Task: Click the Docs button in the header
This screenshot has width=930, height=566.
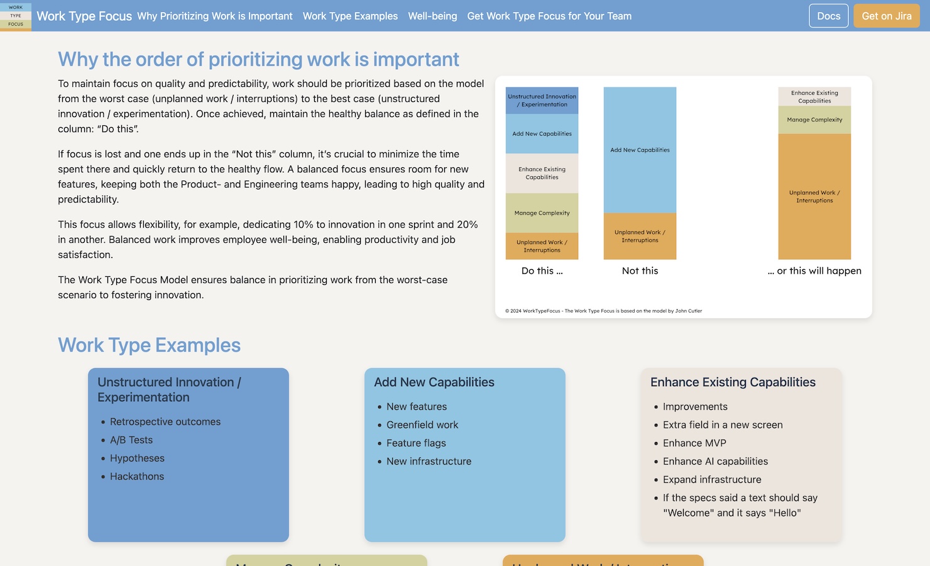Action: [x=828, y=16]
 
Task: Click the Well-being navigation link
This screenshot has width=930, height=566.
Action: [x=432, y=16]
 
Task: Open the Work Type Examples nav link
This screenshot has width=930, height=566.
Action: [x=350, y=16]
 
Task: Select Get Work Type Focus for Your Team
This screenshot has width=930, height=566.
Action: [x=549, y=16]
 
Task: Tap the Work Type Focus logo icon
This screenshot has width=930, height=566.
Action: [x=16, y=16]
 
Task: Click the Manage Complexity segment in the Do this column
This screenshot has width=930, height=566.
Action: [x=542, y=213]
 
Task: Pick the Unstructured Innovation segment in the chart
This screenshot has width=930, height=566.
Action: [x=542, y=101]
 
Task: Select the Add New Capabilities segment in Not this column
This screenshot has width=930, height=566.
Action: [x=640, y=150]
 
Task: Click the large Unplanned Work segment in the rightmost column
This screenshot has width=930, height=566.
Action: [x=814, y=196]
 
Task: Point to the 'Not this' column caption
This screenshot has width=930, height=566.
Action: [x=640, y=270]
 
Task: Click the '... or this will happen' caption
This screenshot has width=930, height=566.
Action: [x=814, y=270]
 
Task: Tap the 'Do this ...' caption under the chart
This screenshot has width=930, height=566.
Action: [x=542, y=270]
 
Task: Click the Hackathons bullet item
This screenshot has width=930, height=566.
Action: [x=137, y=476]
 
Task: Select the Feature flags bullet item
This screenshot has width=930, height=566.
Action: [x=416, y=443]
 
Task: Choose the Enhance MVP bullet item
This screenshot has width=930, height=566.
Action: [x=694, y=443]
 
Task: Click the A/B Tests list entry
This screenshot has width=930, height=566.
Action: [x=131, y=440]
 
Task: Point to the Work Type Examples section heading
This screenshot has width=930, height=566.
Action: [x=149, y=345]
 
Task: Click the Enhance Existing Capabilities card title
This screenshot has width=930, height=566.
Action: [x=733, y=382]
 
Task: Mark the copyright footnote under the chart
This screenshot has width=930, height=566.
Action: [x=603, y=311]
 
